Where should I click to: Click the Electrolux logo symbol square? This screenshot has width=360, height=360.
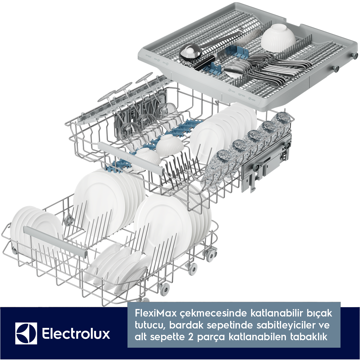tap(26, 333)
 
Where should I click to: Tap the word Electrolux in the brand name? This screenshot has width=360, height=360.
tap(76, 334)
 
